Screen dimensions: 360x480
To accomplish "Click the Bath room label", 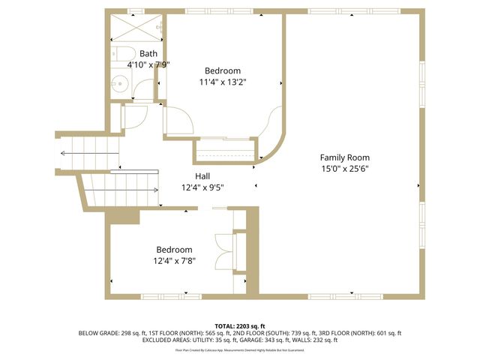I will click(148, 53).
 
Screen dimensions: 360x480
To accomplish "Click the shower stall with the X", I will click(136, 28).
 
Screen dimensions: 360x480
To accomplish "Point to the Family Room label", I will click(344, 157).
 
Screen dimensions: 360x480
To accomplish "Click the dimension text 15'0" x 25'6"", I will click(344, 169).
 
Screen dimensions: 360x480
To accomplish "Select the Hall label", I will click(202, 176).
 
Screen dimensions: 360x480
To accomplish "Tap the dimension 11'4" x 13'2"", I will click(223, 82).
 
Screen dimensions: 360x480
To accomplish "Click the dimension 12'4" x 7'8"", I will click(174, 261).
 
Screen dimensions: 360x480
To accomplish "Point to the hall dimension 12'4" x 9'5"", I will click(202, 188).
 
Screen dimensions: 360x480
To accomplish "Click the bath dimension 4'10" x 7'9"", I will click(148, 65).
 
